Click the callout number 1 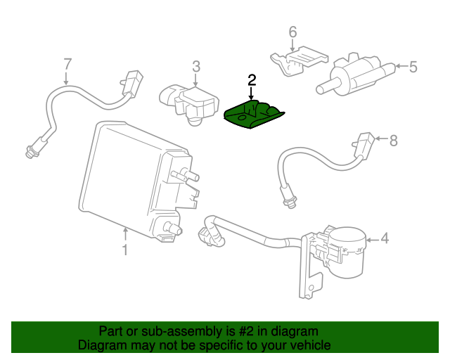(124, 249)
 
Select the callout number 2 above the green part (251, 79)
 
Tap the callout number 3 (196, 66)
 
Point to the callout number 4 (385, 239)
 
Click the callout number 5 (413, 67)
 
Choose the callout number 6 (292, 32)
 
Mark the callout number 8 (393, 140)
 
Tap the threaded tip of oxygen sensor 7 (30, 150)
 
